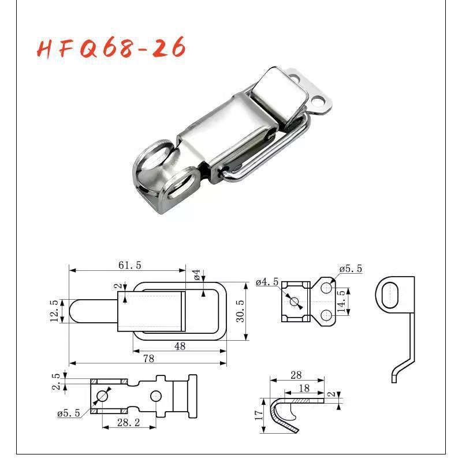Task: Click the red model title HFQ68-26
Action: (x=112, y=49)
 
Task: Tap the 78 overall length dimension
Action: (x=148, y=358)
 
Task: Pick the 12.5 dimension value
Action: (x=54, y=311)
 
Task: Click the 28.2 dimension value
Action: (x=128, y=423)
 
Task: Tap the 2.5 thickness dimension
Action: (x=56, y=382)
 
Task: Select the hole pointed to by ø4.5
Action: (x=295, y=301)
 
